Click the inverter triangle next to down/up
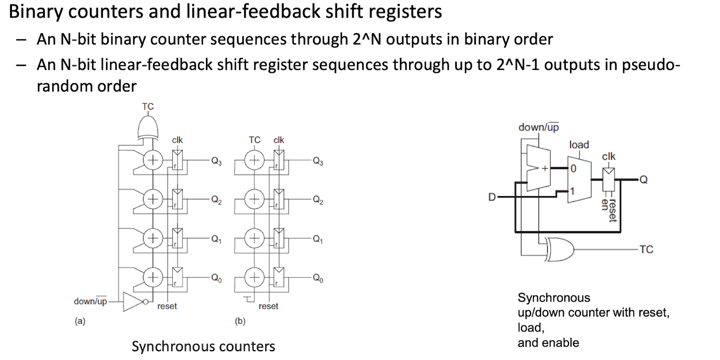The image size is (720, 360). click(x=133, y=302)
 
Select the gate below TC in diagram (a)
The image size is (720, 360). click(x=148, y=128)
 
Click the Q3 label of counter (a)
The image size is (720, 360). click(x=216, y=161)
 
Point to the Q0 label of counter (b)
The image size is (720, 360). click(x=318, y=278)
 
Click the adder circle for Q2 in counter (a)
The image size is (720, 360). click(x=153, y=199)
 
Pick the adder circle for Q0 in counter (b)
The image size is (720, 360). click(x=254, y=277)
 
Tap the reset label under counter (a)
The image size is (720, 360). click(x=167, y=306)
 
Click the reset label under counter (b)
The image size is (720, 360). click(x=268, y=306)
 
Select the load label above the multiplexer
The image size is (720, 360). click(x=579, y=145)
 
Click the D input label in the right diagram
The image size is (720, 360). click(x=492, y=197)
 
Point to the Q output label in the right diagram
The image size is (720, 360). click(x=643, y=179)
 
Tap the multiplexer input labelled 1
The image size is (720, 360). click(x=572, y=191)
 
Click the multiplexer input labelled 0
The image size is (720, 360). click(x=573, y=169)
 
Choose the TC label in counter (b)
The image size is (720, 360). click(x=254, y=140)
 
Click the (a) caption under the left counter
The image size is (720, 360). click(x=80, y=321)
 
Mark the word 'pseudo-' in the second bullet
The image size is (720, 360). click(x=651, y=65)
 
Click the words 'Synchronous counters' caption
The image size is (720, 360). click(x=203, y=347)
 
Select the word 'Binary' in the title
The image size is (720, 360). click(x=36, y=12)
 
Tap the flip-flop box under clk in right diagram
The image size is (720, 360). click(x=608, y=179)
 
